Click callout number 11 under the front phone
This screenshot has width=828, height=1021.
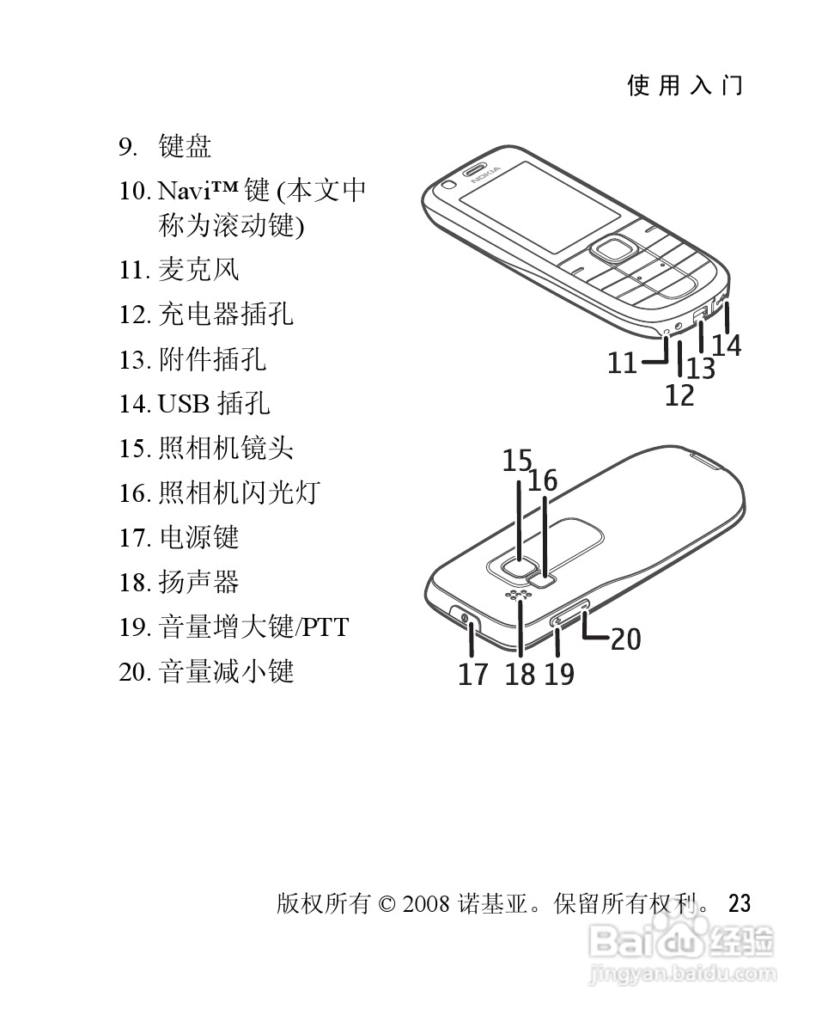pyautogui.click(x=622, y=364)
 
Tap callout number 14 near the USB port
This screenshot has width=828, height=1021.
pyautogui.click(x=726, y=345)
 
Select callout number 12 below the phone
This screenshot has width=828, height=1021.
pyautogui.click(x=679, y=396)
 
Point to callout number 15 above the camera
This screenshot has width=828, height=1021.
pyautogui.click(x=517, y=462)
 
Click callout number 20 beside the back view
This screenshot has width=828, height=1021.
pyautogui.click(x=625, y=639)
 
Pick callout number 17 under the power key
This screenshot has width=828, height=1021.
pyautogui.click(x=472, y=675)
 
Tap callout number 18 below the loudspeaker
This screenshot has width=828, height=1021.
pyautogui.click(x=520, y=675)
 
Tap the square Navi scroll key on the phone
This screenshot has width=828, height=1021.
pyautogui.click(x=612, y=250)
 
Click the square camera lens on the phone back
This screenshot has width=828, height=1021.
pyautogui.click(x=517, y=566)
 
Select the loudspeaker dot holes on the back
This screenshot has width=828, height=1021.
pyautogui.click(x=517, y=596)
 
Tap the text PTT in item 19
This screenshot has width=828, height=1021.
pyautogui.click(x=324, y=627)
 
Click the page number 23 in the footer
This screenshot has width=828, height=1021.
pyautogui.click(x=739, y=903)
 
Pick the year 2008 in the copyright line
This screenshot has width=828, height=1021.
pyautogui.click(x=425, y=904)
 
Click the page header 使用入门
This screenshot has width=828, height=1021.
pyautogui.click(x=685, y=85)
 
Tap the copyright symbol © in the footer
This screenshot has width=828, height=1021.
pyautogui.click(x=386, y=904)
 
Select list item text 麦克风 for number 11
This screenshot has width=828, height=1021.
pyautogui.click(x=198, y=270)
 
